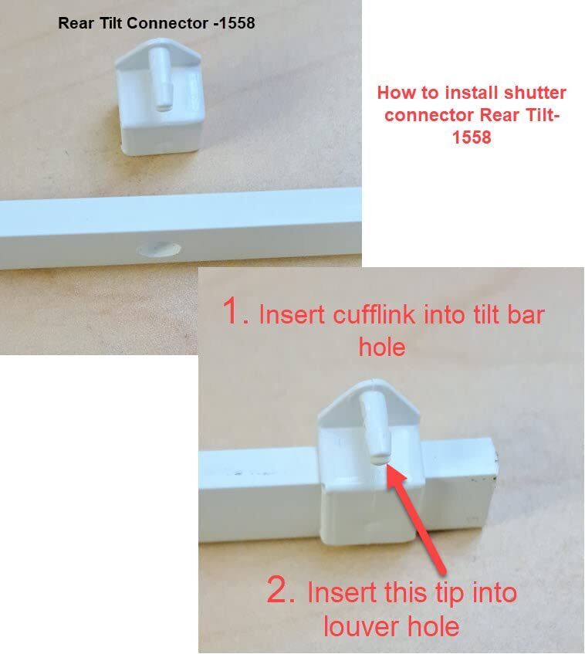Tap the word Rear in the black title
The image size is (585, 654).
[74, 24]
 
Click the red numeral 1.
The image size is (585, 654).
[235, 313]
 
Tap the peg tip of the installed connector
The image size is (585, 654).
[377, 456]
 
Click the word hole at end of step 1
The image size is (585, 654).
[382, 347]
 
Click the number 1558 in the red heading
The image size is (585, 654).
[472, 139]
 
